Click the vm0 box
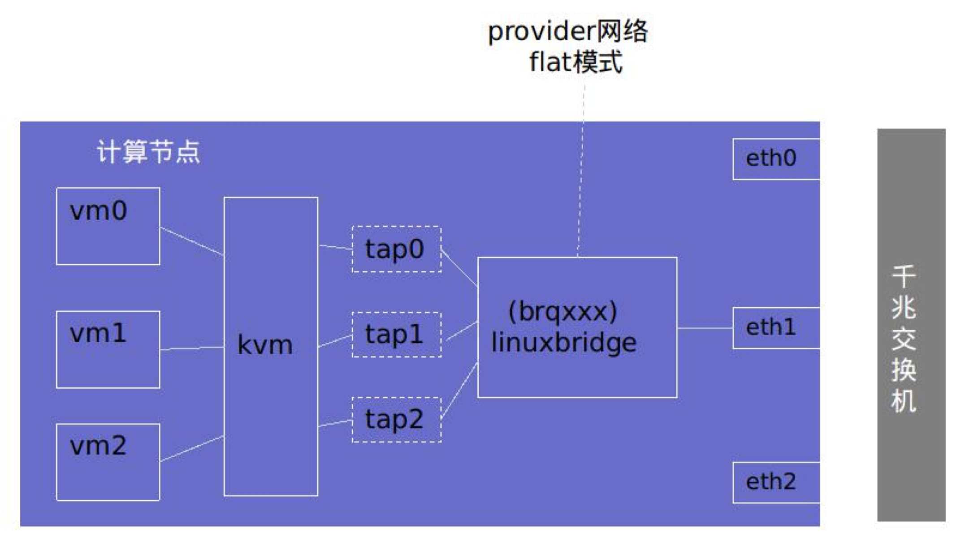[108, 226]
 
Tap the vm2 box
[108, 462]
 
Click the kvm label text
[265, 345]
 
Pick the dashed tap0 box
[397, 249]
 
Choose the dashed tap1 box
[397, 334]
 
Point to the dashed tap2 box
[397, 420]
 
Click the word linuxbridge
[564, 343]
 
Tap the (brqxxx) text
[563, 311]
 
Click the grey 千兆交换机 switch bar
[911, 325]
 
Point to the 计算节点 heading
[148, 152]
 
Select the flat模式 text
[576, 62]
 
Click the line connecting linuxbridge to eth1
[705, 328]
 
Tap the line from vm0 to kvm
[192, 241]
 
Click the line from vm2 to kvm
[192, 448]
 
